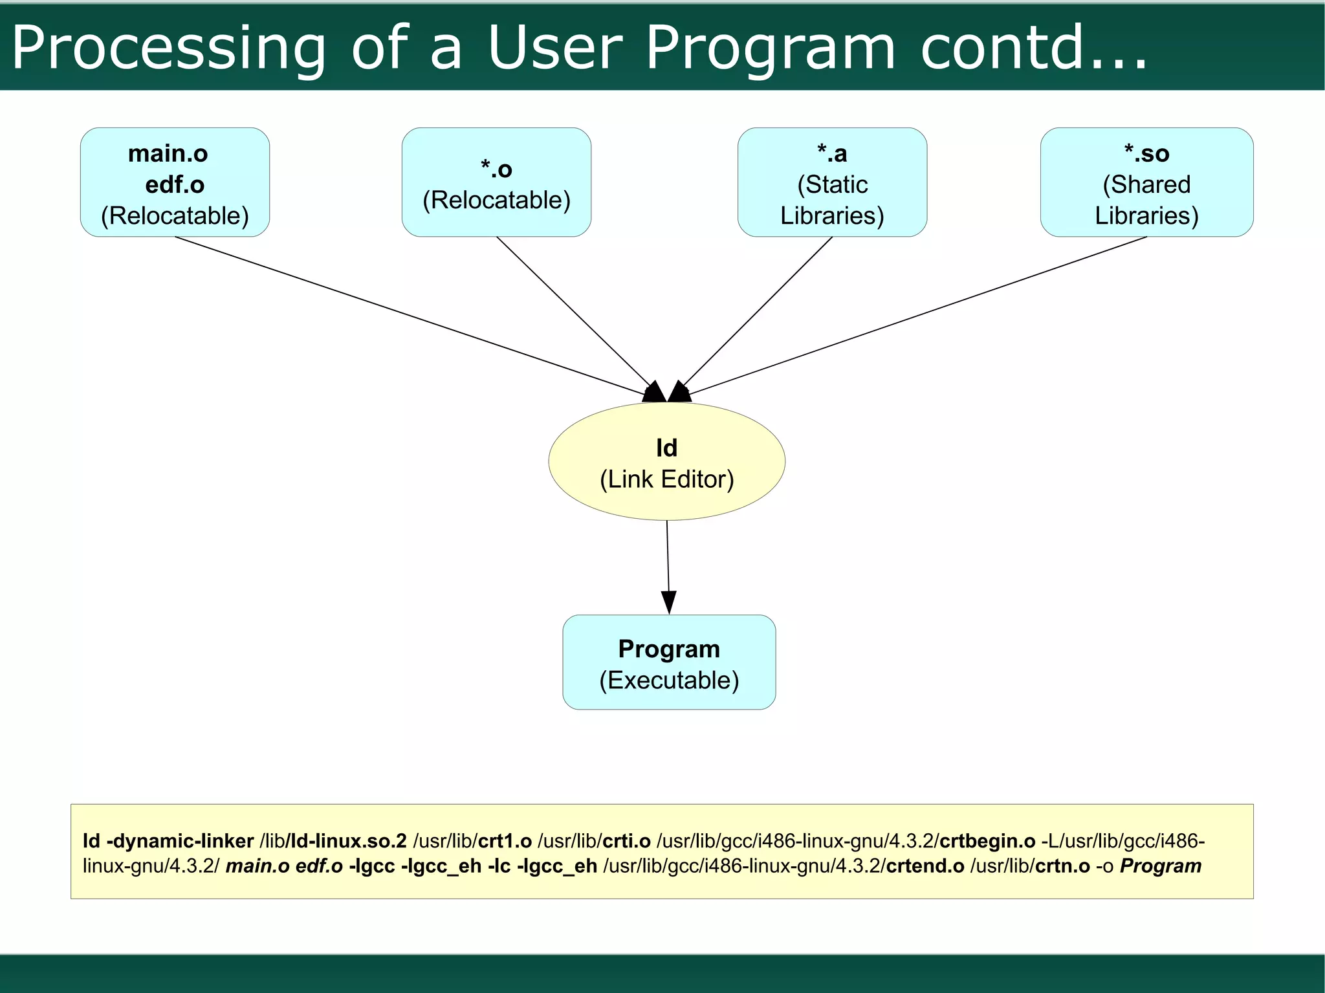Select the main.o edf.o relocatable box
coord(175,182)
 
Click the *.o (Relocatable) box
coord(496,182)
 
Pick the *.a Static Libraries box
coord(832,182)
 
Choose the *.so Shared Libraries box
coord(1146,182)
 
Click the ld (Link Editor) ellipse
coord(666,462)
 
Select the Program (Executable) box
coord(669,662)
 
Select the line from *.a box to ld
coord(757,312)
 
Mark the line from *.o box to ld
coord(573,311)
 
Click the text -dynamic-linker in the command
coord(179,841)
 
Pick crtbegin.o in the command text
coord(987,841)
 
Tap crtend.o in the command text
coord(925,866)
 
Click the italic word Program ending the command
coord(1161,866)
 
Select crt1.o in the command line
coord(505,841)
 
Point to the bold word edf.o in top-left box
coord(175,185)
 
